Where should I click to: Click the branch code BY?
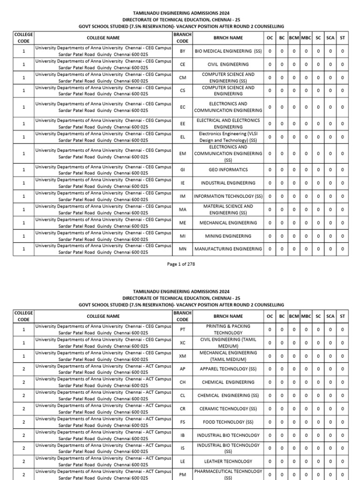[182, 51]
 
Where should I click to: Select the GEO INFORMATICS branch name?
[228, 170]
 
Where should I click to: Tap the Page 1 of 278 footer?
[180, 264]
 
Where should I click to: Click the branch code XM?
[182, 356]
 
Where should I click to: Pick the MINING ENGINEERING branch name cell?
[228, 236]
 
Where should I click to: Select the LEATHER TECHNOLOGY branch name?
[228, 462]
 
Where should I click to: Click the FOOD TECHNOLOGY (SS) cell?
[228, 422]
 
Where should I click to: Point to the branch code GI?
[182, 170]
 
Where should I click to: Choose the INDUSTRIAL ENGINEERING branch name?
[228, 183]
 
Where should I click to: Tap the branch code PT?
[182, 330]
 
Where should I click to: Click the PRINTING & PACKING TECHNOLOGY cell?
[228, 330]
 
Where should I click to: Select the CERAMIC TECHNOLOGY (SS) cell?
[228, 409]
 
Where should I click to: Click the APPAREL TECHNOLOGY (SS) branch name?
[228, 369]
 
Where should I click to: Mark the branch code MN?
[182, 249]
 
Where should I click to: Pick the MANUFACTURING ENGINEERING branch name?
[228, 249]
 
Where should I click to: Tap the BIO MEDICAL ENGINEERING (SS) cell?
[228, 51]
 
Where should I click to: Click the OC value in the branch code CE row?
[270, 64]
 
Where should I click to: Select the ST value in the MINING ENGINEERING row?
[343, 236]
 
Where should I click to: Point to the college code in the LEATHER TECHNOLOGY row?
[23, 462]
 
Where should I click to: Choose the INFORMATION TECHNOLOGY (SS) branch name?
[228, 196]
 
